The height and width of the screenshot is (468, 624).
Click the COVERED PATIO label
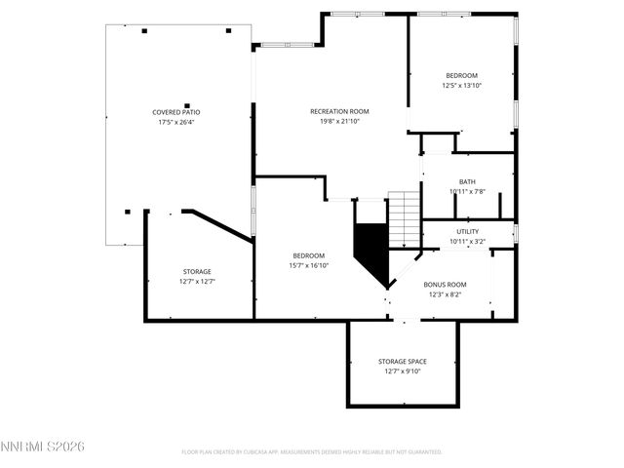click(175, 112)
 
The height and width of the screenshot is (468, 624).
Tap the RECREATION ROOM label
click(339, 111)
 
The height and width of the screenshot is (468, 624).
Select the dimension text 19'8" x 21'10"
click(339, 122)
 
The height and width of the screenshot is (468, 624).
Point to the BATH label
click(467, 181)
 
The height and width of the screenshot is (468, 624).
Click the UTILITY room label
click(467, 231)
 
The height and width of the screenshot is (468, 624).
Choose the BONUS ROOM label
click(445, 285)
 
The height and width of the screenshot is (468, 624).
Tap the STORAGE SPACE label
click(402, 361)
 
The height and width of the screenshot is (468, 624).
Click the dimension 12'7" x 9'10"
click(402, 371)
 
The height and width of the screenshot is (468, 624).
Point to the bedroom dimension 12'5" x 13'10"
click(461, 86)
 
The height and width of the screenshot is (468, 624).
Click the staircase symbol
click(404, 218)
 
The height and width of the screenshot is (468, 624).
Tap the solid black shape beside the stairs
click(370, 250)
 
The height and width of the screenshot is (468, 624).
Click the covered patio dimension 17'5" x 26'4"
click(175, 123)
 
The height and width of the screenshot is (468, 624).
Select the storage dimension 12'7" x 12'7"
click(197, 282)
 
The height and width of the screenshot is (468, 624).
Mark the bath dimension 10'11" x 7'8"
click(467, 192)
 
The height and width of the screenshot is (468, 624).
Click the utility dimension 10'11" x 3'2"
click(467, 242)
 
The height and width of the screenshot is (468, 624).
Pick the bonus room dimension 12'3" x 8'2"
click(445, 295)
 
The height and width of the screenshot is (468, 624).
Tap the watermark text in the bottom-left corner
click(43, 446)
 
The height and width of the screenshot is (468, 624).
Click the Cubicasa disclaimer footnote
click(312, 451)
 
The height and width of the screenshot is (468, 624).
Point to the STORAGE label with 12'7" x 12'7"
click(197, 271)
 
